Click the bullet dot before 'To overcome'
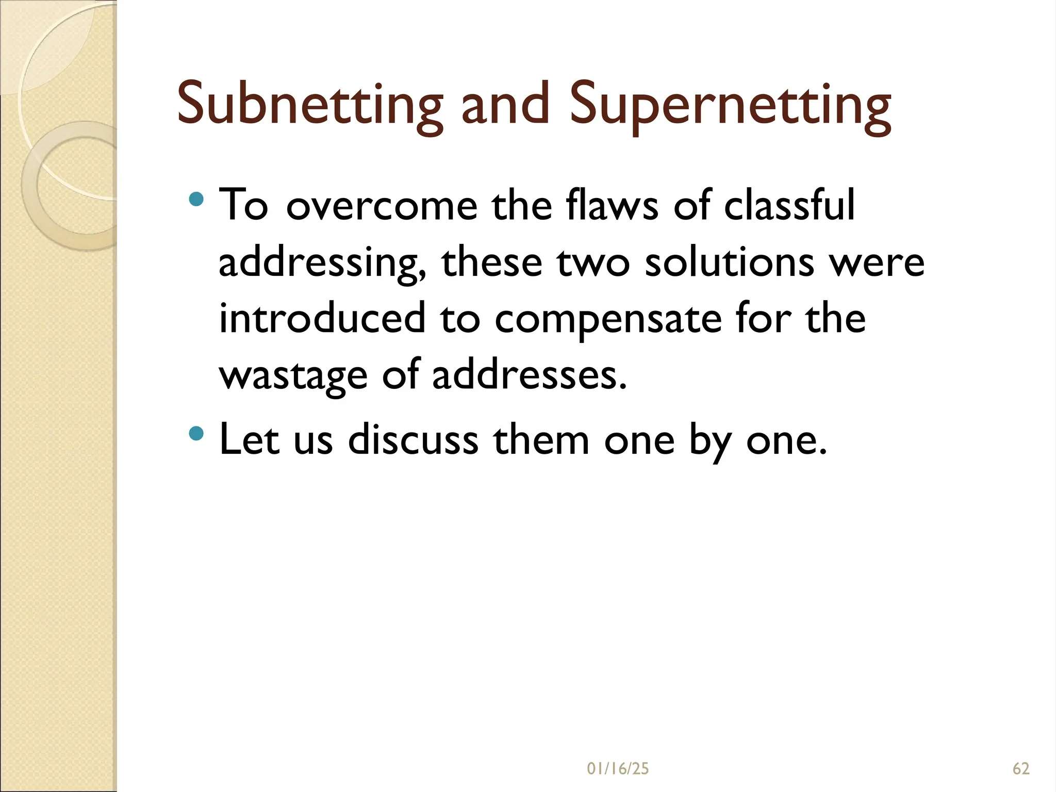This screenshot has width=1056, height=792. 196,199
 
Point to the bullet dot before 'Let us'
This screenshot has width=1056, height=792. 196,433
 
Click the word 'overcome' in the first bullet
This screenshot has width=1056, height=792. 382,206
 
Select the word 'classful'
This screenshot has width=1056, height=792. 789,205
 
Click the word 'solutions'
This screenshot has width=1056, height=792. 729,261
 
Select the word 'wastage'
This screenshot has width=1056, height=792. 293,376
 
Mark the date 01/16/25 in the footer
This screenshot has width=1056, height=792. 618,769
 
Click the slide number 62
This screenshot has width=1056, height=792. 1021,769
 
